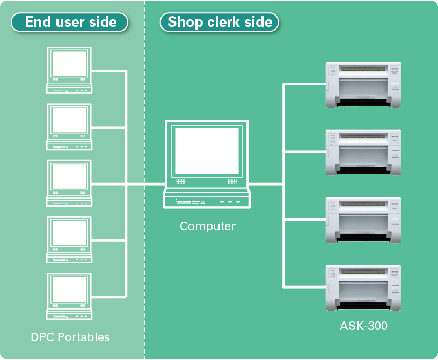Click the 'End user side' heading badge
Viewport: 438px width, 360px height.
pyautogui.click(x=70, y=22)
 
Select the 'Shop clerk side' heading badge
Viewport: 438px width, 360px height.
pyautogui.click(x=219, y=22)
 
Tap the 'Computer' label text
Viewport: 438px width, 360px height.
pyautogui.click(x=208, y=226)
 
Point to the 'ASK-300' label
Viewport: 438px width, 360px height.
pyautogui.click(x=363, y=326)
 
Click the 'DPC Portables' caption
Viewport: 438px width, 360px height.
pyautogui.click(x=70, y=337)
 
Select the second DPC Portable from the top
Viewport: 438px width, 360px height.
pyautogui.click(x=69, y=127)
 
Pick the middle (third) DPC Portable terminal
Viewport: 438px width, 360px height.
pyautogui.click(x=69, y=183)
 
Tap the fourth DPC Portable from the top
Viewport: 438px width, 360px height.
pyautogui.click(x=69, y=240)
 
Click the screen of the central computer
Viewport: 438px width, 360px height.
pyautogui.click(x=207, y=152)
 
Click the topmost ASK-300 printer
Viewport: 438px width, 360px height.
pyautogui.click(x=363, y=85)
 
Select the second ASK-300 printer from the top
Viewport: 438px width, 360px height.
pyautogui.click(x=363, y=152)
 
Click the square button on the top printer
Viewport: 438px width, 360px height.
pyautogui.click(x=395, y=86)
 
